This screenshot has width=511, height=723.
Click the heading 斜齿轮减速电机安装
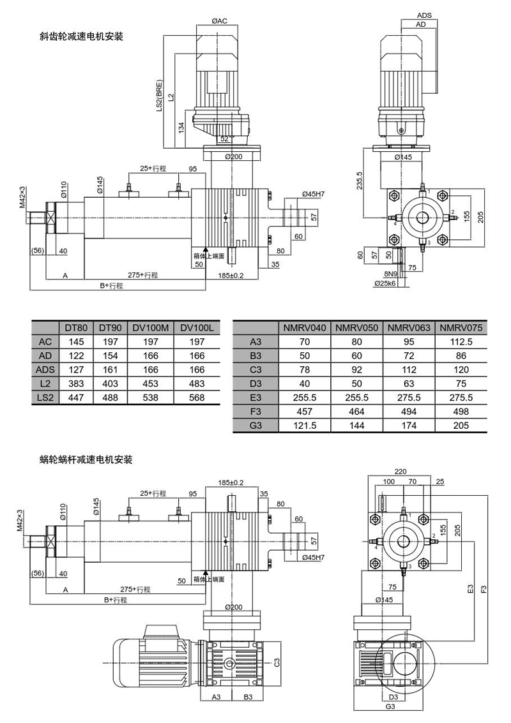click(x=81, y=37)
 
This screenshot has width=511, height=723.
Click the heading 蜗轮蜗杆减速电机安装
click(x=86, y=459)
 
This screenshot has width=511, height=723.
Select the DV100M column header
click(x=151, y=327)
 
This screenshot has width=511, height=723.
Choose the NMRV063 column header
click(x=408, y=327)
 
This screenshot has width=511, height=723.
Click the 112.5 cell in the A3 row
click(x=461, y=341)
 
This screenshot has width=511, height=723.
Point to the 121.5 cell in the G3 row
click(x=304, y=425)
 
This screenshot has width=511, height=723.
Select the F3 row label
click(x=256, y=411)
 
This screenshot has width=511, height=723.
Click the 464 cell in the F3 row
click(x=356, y=411)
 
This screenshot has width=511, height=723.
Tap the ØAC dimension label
click(x=220, y=22)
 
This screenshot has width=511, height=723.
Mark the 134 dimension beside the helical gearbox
click(x=181, y=127)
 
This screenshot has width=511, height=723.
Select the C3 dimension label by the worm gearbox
click(x=278, y=662)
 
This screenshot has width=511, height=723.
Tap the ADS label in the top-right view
click(x=424, y=15)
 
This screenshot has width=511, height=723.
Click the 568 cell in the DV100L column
click(x=199, y=398)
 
